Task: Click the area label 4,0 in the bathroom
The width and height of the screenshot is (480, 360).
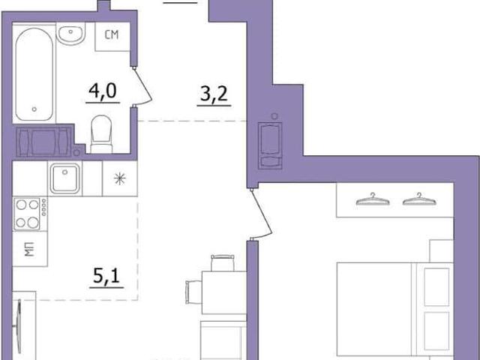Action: [103, 91]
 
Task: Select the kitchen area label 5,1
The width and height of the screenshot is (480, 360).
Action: [106, 276]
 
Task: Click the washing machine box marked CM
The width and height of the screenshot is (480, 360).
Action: [112, 36]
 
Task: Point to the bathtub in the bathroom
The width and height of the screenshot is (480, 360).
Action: [34, 74]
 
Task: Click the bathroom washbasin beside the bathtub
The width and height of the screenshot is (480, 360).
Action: [70, 34]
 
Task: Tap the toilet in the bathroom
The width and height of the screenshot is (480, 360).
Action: [101, 134]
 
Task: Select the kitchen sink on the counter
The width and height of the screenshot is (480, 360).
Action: [65, 178]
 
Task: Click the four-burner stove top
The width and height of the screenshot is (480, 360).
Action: [30, 214]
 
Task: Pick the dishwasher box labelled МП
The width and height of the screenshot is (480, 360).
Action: [30, 248]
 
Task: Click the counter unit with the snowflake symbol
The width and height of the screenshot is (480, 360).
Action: [120, 178]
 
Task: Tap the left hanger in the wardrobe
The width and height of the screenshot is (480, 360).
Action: [373, 199]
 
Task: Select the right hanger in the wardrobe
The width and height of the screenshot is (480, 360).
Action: [419, 199]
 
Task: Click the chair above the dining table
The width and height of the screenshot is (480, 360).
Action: [223, 262]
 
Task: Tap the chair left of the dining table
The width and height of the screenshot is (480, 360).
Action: [193, 292]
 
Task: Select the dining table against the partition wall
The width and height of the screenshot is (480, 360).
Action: [224, 292]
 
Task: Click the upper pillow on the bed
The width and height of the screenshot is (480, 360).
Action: [436, 286]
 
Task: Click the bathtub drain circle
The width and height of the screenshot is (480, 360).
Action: [34, 109]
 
